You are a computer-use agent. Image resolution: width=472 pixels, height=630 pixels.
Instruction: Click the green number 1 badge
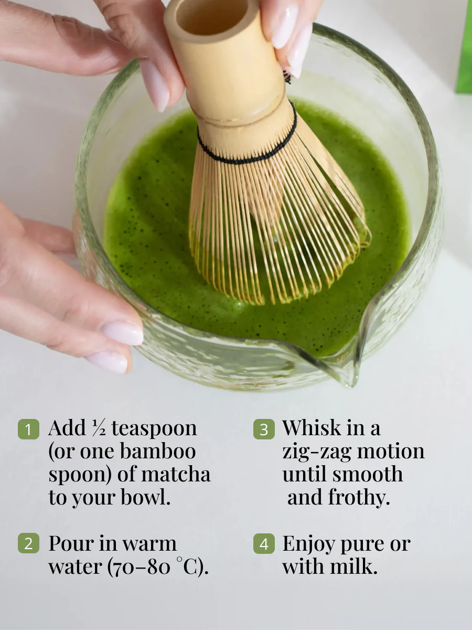click(28, 429)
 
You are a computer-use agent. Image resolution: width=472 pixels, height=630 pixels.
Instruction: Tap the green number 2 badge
click(28, 543)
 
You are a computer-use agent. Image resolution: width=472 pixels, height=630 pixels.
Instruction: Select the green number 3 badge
click(264, 429)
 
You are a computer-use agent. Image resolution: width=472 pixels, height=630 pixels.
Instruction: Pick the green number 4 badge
click(264, 543)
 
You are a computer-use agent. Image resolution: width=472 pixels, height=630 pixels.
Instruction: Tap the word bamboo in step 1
click(158, 451)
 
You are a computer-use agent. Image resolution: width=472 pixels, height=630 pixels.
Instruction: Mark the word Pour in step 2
click(71, 543)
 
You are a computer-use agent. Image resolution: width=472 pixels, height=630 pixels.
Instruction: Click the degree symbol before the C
click(179, 559)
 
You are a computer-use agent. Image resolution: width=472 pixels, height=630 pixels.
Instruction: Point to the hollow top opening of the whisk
click(211, 16)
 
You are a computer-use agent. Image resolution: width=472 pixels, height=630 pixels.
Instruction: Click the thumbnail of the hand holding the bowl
click(123, 333)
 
